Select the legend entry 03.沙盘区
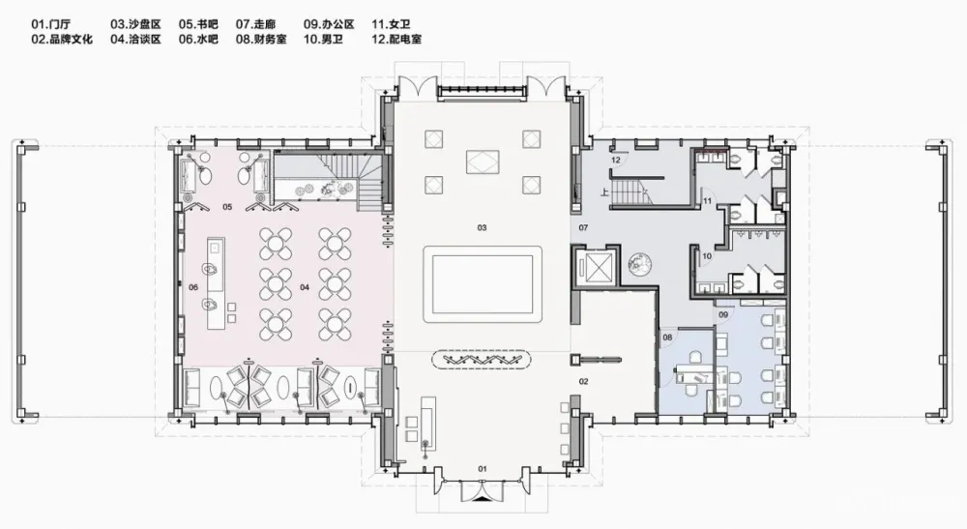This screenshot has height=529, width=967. point(134,22)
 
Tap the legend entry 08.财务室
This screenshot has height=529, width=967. point(262,40)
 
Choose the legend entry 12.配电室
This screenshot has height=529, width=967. point(395,40)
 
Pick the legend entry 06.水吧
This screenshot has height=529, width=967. point(198,40)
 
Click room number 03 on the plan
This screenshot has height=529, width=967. point(481,228)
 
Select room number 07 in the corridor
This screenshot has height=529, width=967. point(583,227)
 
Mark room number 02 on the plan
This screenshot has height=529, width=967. point(583,382)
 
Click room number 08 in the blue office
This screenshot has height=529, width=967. point(667,337)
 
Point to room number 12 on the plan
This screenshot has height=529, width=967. point(615,160)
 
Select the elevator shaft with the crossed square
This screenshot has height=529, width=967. point(593,265)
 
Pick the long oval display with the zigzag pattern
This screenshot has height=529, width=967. point(483,360)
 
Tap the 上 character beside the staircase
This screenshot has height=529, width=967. point(605,191)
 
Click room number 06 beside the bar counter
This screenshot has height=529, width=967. point(192,287)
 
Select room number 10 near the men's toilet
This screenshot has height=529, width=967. point(707,256)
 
